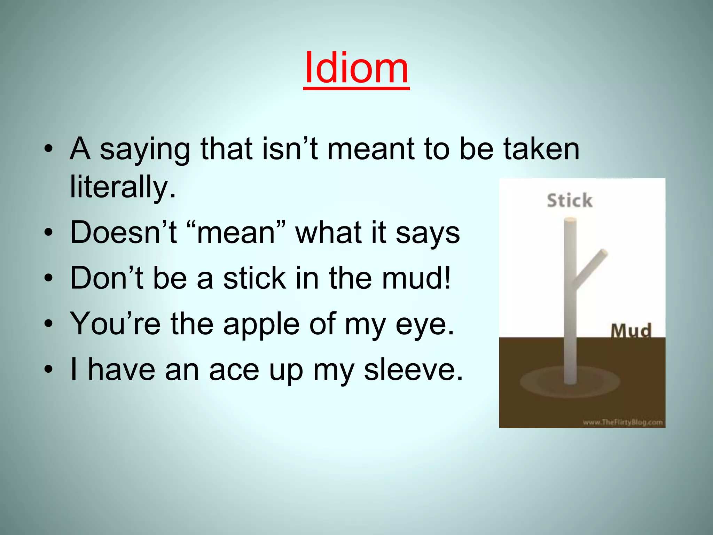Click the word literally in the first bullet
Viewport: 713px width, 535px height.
(123, 187)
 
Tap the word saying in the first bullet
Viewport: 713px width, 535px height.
(145, 150)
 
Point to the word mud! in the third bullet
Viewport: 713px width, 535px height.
(416, 278)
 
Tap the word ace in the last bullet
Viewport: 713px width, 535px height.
(234, 370)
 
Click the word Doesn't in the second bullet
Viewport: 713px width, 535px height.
(123, 232)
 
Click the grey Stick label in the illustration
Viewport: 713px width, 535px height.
(569, 201)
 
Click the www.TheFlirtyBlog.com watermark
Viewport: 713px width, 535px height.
(622, 422)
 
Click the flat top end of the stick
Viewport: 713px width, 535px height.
(570, 220)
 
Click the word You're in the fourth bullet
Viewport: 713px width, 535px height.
(115, 324)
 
